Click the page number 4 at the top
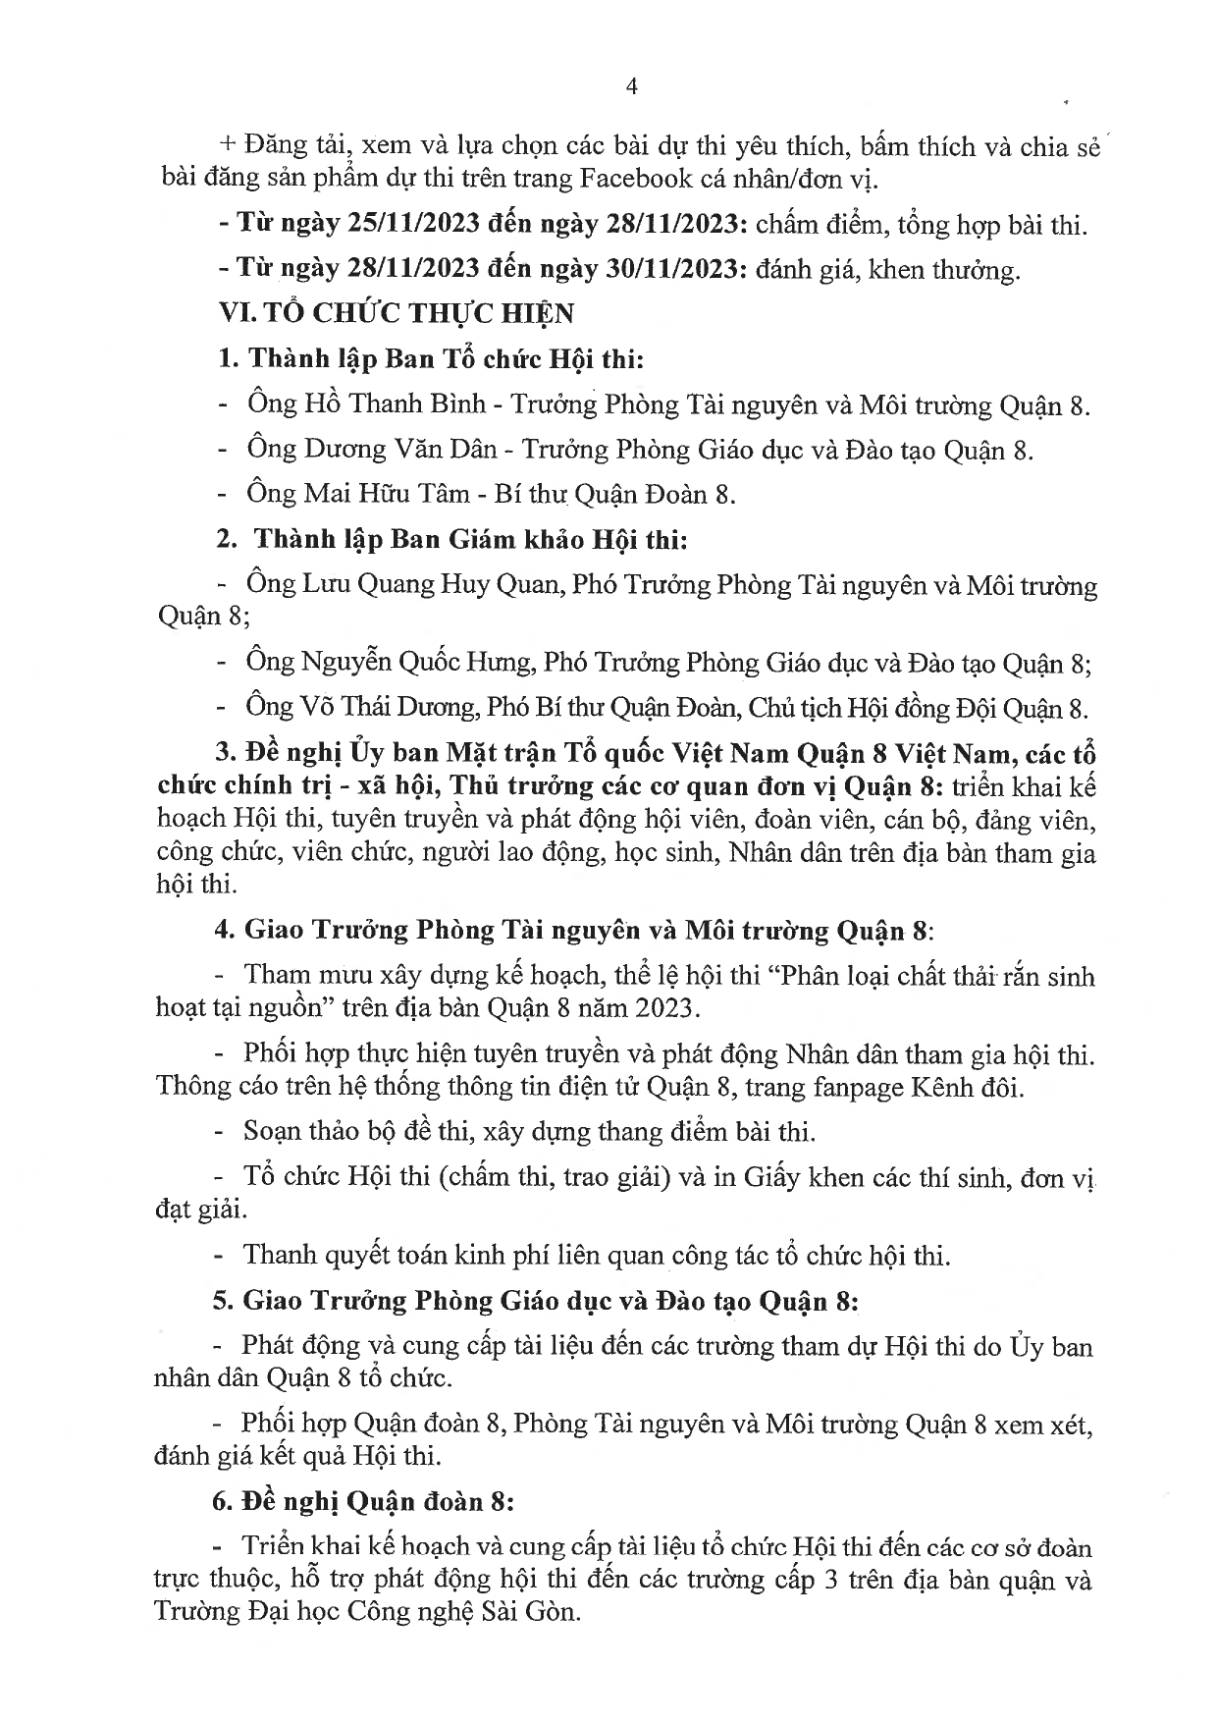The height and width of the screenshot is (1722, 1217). tap(632, 87)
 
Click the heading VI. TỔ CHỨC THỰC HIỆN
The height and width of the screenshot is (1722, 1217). tap(397, 314)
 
